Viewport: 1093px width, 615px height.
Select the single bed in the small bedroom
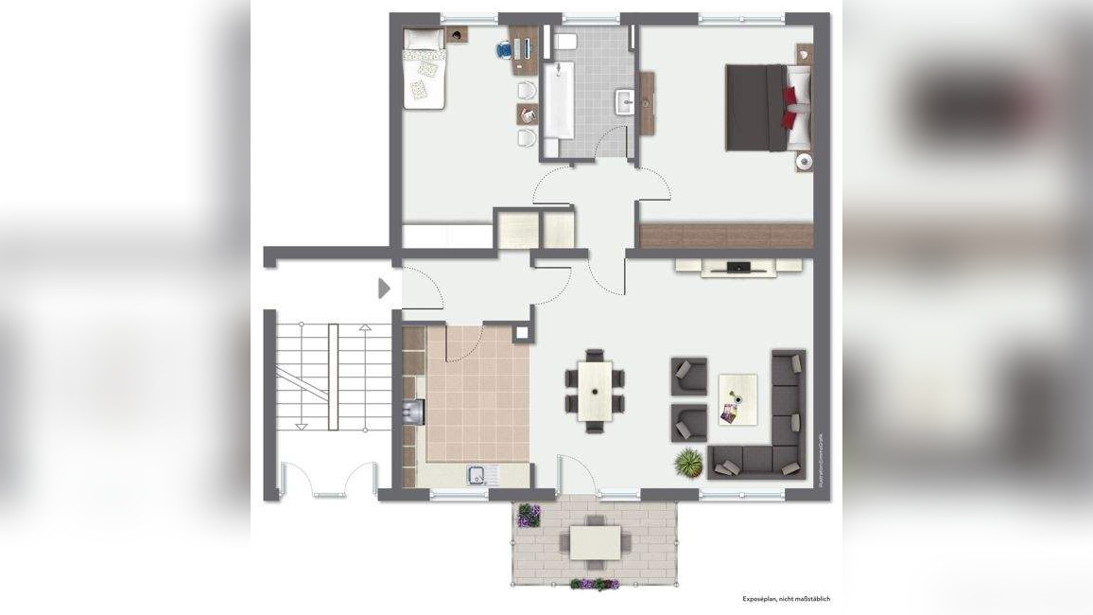425,67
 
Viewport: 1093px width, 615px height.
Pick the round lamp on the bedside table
803,162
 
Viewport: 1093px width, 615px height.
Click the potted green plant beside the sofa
687,463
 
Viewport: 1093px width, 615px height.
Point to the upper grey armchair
689,376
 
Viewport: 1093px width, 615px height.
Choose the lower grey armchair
689,423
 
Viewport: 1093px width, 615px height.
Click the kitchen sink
478,474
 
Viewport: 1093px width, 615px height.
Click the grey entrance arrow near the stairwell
384,288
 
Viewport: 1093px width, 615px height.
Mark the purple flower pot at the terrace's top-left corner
529,516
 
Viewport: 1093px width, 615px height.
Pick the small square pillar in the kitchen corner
521,333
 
